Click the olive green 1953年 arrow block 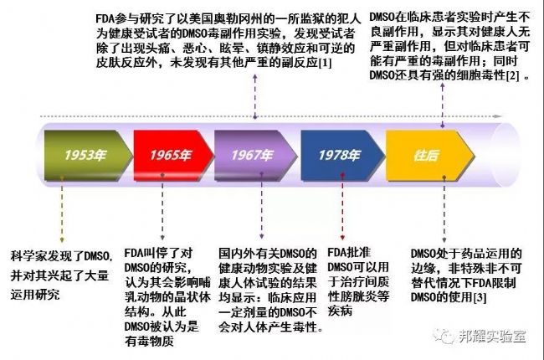(88, 156)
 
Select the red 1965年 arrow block (173, 156)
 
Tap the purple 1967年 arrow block (255, 156)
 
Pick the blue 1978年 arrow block (342, 156)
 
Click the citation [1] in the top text (325, 63)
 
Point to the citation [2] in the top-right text (512, 75)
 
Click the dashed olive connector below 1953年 (62, 209)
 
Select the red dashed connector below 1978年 (342, 207)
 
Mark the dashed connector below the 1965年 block (162, 207)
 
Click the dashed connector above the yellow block (443, 105)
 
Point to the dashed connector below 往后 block (444, 209)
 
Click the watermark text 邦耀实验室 (492, 336)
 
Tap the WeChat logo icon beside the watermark (443, 336)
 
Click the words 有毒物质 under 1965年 (149, 342)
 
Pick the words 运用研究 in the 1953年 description (35, 295)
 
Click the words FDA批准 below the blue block (349, 252)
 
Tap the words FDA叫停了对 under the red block (158, 253)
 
